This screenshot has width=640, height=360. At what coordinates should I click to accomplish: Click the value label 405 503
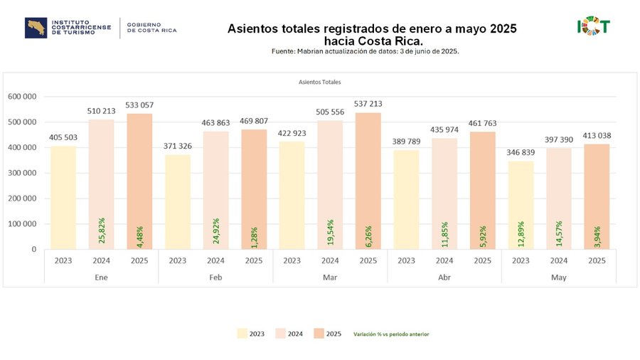pos(64,138)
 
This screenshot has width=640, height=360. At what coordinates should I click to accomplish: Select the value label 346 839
pos(521,154)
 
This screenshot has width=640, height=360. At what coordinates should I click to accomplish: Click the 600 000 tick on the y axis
pos(22,97)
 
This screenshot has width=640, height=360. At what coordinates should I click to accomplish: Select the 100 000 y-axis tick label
pos(22,224)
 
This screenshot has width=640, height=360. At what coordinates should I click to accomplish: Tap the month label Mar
pos(330,277)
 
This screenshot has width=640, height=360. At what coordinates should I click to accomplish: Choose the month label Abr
pos(444,277)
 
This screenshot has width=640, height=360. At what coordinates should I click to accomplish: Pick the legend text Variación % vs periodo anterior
pos(391,334)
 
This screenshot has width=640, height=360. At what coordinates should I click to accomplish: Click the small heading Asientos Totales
pos(319,82)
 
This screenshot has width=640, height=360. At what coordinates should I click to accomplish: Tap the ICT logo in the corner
pos(593,27)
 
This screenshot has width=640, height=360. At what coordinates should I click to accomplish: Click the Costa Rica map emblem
pos(35,28)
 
